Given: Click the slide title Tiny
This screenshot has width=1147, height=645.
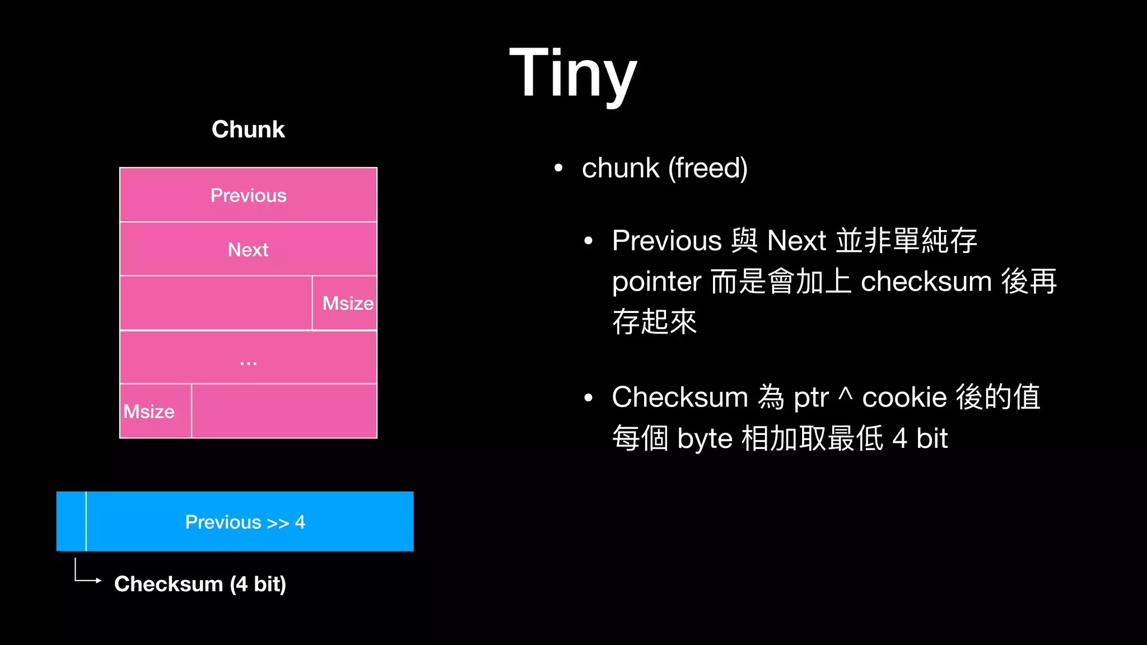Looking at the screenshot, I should [573, 73].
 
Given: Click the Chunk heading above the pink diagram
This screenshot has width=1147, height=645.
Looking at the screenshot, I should [248, 129].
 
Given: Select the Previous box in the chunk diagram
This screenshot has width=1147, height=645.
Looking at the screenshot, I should [248, 195].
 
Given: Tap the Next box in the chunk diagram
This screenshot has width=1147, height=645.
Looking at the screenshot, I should [248, 249].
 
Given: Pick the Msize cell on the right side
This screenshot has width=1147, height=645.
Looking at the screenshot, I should [347, 303].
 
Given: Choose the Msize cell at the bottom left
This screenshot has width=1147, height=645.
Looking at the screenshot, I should [150, 412].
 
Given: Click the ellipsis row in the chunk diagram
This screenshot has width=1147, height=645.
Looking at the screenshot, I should [248, 358].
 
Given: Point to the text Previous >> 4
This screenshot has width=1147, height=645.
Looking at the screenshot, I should [245, 522].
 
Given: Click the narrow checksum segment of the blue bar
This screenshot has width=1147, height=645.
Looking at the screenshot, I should [71, 521].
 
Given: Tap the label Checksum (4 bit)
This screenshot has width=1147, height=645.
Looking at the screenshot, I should [200, 584].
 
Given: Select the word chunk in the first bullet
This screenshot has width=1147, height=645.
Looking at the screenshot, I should [621, 168].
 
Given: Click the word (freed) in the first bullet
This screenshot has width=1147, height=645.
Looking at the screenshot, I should [708, 168].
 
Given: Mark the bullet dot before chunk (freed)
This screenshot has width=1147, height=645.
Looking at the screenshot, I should [558, 168].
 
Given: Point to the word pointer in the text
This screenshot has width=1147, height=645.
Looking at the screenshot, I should [656, 281].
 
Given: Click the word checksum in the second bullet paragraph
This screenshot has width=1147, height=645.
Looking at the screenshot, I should [926, 281].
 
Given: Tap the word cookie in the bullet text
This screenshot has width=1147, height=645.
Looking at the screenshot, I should [904, 398].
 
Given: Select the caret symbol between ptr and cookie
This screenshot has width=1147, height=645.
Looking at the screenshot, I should [846, 395].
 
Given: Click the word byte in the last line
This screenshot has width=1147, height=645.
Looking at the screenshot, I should [705, 438].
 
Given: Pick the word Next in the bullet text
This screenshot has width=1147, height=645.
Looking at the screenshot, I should [796, 241].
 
